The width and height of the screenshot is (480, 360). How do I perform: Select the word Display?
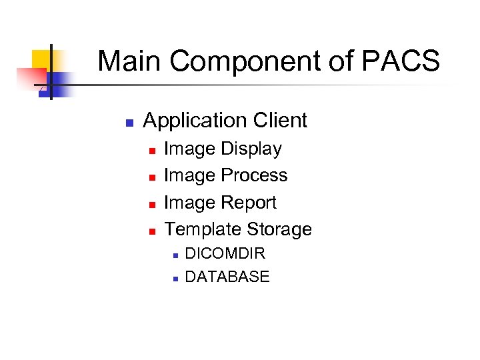point(251,149)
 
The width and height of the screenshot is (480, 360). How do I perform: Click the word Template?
point(203,229)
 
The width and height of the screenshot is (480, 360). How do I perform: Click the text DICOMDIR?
point(225,253)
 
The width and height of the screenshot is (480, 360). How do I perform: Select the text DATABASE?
point(227,277)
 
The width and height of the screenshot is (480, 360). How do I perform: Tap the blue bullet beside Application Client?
point(130,123)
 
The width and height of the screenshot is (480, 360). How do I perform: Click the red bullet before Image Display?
point(152,151)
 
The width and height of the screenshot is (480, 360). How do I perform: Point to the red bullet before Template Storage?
point(152,231)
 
